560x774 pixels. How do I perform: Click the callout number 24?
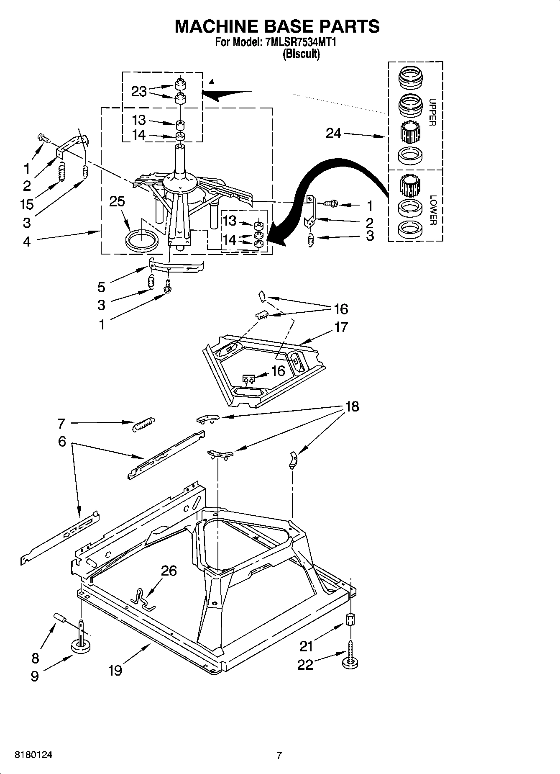[x=333, y=134]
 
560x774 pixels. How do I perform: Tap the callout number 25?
[x=117, y=201]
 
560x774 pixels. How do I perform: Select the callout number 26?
[x=169, y=571]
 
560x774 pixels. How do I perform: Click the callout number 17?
[x=341, y=327]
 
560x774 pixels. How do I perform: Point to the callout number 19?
[x=115, y=670]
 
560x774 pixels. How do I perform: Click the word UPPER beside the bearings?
[x=432, y=112]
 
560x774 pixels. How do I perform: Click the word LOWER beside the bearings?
[x=432, y=210]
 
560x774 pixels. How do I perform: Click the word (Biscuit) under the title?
[x=301, y=54]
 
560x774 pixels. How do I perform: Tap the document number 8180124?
[x=33, y=755]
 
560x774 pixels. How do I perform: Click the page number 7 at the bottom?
[x=279, y=756]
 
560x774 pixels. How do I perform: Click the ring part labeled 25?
[x=142, y=242]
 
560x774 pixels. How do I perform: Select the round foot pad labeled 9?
[x=82, y=647]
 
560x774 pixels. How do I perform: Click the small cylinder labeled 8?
[x=60, y=618]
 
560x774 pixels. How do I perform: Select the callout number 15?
[x=26, y=204]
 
